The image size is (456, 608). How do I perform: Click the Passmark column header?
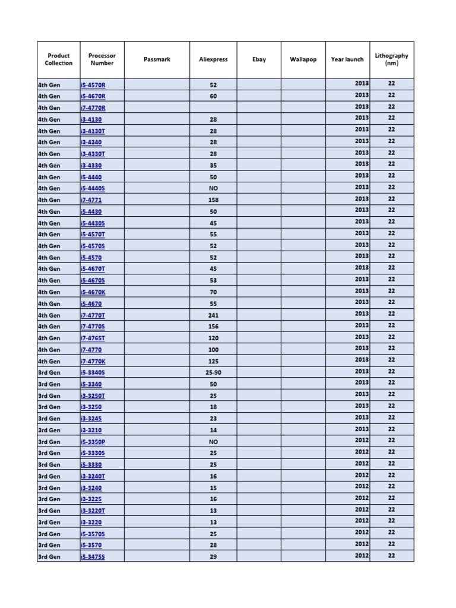tap(157, 59)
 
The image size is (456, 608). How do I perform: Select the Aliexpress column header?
tap(213, 59)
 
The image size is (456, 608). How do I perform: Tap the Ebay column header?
tap(259, 59)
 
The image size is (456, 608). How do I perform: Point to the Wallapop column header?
tap(303, 59)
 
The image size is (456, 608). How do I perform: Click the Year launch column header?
tap(347, 59)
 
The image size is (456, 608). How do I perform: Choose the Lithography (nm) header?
tap(391, 59)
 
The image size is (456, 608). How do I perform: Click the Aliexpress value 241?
tap(213, 315)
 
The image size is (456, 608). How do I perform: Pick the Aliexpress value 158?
tap(213, 200)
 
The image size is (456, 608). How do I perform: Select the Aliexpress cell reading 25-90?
tap(213, 373)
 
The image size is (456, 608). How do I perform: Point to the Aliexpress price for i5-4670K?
tap(213, 292)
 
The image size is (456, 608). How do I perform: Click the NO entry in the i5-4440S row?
tap(213, 188)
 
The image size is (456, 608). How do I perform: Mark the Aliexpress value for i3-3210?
tap(213, 430)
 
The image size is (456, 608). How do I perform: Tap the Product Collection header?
tap(58, 59)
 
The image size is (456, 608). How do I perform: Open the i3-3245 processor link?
tap(91, 419)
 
